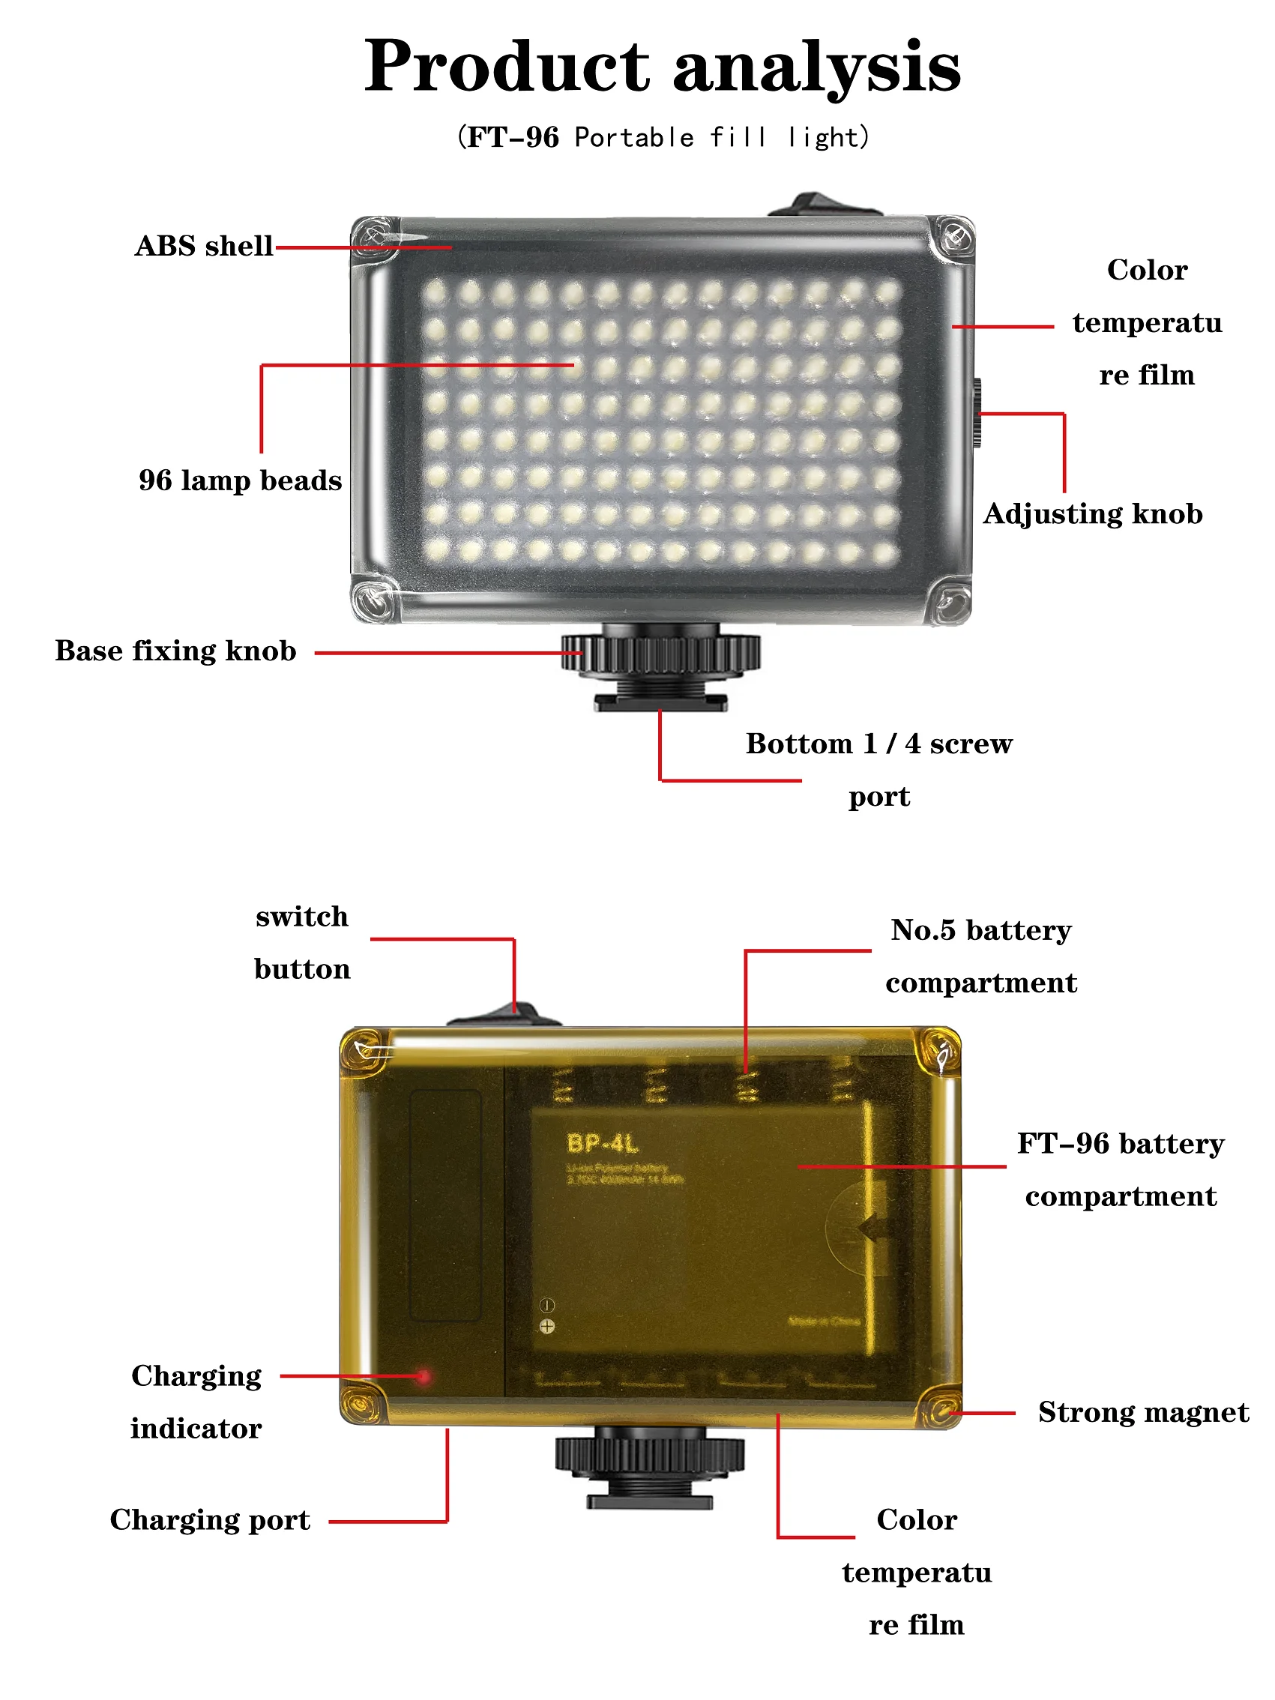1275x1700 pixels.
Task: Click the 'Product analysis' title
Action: [x=662, y=67]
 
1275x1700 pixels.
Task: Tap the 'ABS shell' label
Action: [x=204, y=246]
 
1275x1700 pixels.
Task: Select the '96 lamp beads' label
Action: [x=240, y=480]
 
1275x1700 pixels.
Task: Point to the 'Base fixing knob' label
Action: [x=175, y=651]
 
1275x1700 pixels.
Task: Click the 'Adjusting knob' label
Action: [x=1092, y=513]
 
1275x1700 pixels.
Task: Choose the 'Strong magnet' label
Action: [x=1143, y=1413]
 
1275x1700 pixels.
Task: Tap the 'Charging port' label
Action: [x=210, y=1520]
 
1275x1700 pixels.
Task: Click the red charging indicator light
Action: [x=423, y=1375]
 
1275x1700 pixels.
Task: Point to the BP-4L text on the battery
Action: [x=603, y=1145]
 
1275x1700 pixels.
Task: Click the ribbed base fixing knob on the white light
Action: [x=660, y=654]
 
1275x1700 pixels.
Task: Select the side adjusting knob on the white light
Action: [x=977, y=413]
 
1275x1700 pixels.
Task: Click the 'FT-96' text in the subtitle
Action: [x=513, y=138]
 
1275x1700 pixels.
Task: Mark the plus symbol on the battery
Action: [x=546, y=1326]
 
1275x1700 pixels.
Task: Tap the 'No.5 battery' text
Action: [x=980, y=931]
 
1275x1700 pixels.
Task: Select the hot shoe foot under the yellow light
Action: [x=649, y=1498]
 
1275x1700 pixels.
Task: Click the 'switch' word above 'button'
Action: [x=302, y=917]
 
